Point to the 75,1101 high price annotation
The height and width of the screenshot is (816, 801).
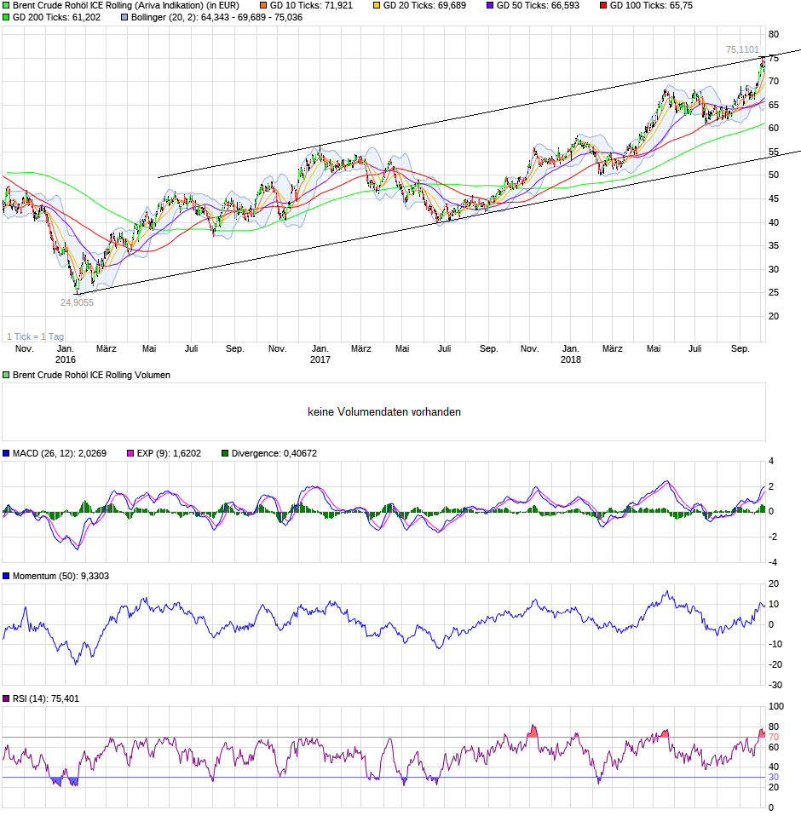click(742, 50)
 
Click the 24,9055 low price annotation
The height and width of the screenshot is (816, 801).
click(77, 302)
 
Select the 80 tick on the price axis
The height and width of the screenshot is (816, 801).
click(775, 35)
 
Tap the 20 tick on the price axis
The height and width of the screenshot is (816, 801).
click(775, 316)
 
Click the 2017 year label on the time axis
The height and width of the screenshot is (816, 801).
click(320, 360)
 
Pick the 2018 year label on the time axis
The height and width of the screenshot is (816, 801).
click(571, 360)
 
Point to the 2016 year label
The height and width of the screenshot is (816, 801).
click(65, 360)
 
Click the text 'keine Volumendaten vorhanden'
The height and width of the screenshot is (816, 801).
click(384, 412)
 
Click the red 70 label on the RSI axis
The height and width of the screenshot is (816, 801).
click(774, 738)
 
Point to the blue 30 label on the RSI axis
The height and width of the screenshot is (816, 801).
click(774, 778)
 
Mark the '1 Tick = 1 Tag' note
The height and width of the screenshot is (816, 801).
click(36, 336)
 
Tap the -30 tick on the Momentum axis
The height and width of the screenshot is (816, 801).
click(775, 686)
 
